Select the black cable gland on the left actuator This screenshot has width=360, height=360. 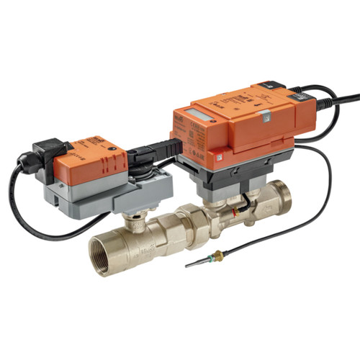(x=30, y=161)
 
